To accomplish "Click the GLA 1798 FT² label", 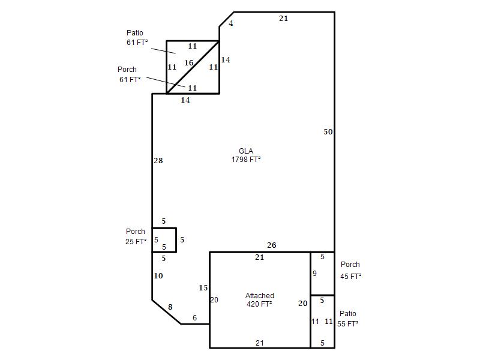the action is coord(246,155).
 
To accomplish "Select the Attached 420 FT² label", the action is coord(259,299).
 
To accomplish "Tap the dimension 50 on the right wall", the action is coord(328,131).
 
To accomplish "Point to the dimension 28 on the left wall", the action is coord(158,160).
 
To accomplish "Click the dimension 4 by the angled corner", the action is coord(231,23).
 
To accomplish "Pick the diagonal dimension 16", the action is coord(189,63).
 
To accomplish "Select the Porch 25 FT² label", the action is coord(136,236).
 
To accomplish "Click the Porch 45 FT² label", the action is coord(350,271).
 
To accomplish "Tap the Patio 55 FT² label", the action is coord(348,319).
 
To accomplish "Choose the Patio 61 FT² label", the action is coord(137,38).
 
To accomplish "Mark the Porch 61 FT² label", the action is coord(130,74).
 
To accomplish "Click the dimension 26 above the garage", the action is coord(272,245).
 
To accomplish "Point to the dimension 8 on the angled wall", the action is coord(170,307).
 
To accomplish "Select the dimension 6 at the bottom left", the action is coord(194,318).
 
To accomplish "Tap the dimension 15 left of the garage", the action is coord(203,288).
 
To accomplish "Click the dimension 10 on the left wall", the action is coord(158,276).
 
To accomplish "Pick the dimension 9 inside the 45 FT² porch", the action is coord(314,274).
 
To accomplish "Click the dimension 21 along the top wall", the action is coord(283,19).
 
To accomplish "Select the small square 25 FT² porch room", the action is coord(164,240).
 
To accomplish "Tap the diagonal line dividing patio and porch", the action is coord(193,67).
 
